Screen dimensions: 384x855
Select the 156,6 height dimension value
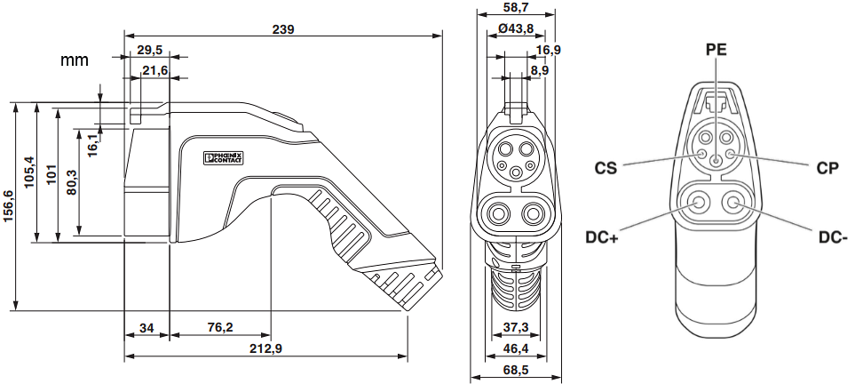[x=8, y=207]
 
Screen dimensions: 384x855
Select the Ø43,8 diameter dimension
[x=516, y=28]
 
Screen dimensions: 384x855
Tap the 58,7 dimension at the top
[x=516, y=7]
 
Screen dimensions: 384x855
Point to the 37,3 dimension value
[x=516, y=328]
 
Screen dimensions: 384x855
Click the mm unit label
[x=75, y=60]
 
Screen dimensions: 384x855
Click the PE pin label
[x=716, y=50]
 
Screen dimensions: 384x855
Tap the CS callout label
[x=606, y=166]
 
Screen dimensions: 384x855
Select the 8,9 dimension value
[x=540, y=69]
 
